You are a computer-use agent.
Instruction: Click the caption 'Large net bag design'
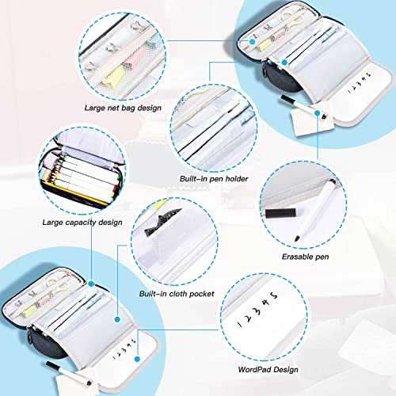click(123, 108)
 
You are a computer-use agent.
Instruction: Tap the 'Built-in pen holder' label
click(214, 179)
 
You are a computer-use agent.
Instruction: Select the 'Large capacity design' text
click(82, 223)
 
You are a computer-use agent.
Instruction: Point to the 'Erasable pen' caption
click(306, 257)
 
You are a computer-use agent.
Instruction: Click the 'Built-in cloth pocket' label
click(177, 294)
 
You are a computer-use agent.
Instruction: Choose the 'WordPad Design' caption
click(268, 369)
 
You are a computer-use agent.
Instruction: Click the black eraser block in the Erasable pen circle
click(280, 213)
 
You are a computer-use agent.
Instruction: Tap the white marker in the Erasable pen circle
click(315, 210)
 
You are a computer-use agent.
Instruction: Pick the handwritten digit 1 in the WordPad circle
click(240, 325)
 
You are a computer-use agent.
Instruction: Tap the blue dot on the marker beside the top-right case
click(317, 113)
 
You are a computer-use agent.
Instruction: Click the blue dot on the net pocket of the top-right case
click(253, 41)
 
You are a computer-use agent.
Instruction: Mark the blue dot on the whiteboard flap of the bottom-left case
click(137, 359)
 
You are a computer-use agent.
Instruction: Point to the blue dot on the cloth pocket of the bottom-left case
click(118, 319)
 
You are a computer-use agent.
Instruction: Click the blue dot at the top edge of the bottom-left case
click(91, 284)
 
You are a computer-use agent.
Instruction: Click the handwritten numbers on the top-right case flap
click(360, 82)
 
